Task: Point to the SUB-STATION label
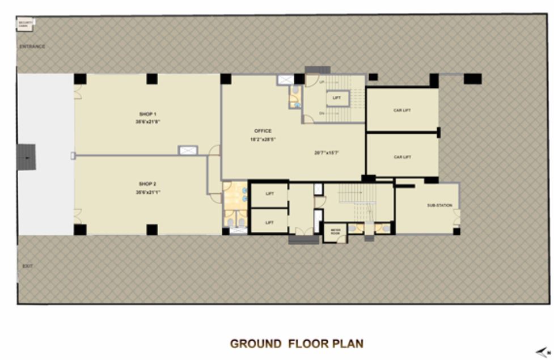point(439,205)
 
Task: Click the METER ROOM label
point(335,232)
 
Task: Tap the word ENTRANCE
point(32,46)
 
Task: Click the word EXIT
point(27,266)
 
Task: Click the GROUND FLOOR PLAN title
point(297,344)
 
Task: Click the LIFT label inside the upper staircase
point(337,98)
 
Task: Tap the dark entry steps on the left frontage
point(26,156)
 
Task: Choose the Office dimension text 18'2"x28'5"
point(263,139)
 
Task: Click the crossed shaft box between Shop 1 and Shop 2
point(188,150)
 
